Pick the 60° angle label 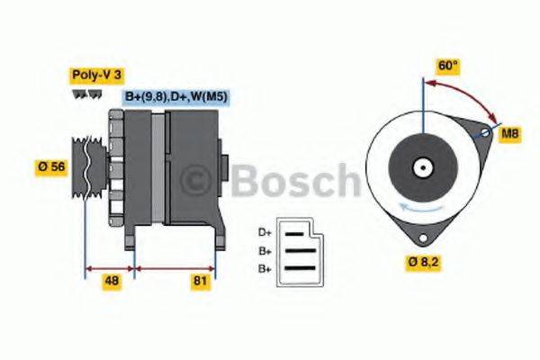click(x=447, y=67)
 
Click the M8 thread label click(x=510, y=134)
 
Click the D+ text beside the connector click(x=265, y=231)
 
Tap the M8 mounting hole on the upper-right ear click(x=486, y=134)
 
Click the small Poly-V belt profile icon click(x=82, y=94)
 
